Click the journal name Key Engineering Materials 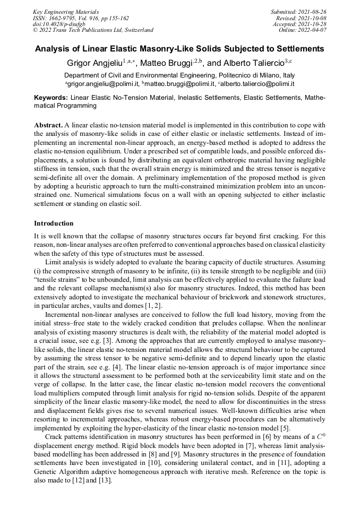click(x=66, y=11)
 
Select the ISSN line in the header click(x=81, y=18)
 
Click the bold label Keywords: click(x=51, y=98)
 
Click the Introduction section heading click(x=54, y=223)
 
